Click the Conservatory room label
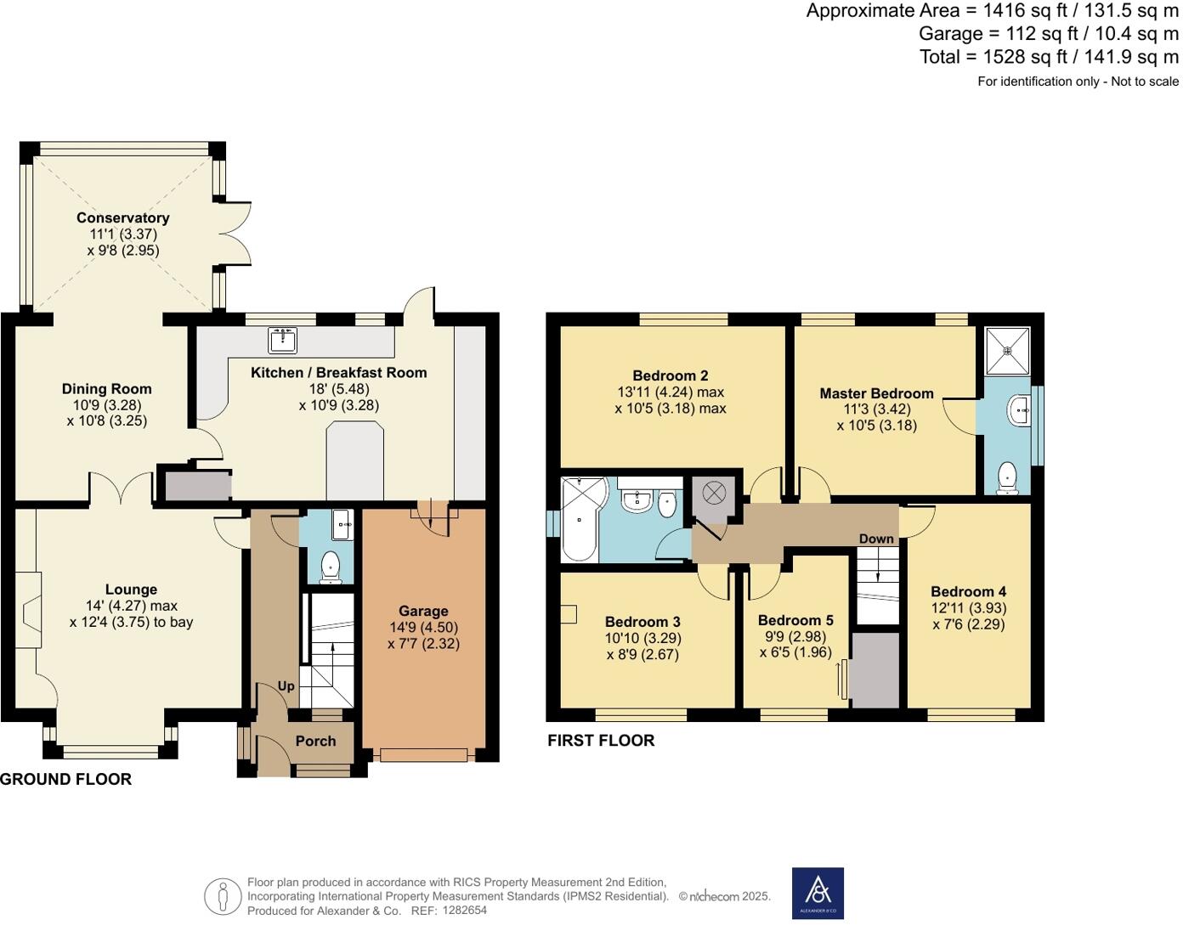click(x=122, y=218)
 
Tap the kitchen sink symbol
click(x=283, y=340)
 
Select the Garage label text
click(x=423, y=611)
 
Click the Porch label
click(x=315, y=741)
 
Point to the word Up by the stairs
click(x=286, y=686)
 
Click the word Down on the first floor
click(x=876, y=539)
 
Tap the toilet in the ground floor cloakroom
click(x=330, y=567)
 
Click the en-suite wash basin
click(x=1018, y=411)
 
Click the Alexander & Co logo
click(x=818, y=893)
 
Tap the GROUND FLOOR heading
click(x=65, y=780)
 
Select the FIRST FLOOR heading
click(x=601, y=741)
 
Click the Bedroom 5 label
click(x=795, y=620)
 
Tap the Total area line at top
click(x=1049, y=57)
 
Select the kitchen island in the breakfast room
click(x=355, y=462)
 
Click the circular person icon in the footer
click(x=223, y=896)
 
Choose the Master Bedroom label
click(x=876, y=393)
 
